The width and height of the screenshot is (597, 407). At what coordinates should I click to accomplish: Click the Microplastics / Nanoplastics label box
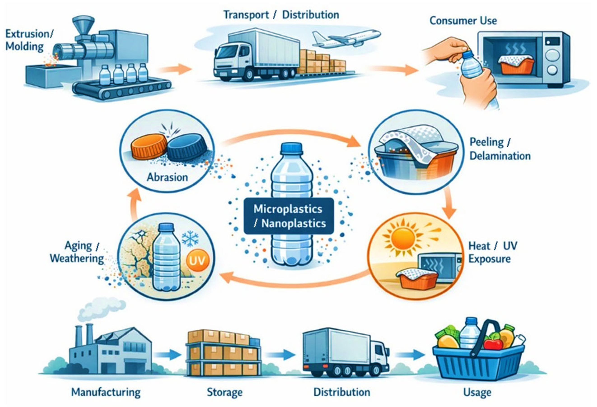coord(289,216)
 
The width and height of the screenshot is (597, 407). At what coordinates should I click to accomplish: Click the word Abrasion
coord(167,177)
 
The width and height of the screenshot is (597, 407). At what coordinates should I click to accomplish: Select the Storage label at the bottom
coord(225,392)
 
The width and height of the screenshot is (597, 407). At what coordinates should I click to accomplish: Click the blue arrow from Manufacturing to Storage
coord(167,355)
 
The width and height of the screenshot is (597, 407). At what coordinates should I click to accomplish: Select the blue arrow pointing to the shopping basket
coord(410,355)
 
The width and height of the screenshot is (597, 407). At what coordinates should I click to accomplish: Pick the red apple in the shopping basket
coord(493,344)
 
